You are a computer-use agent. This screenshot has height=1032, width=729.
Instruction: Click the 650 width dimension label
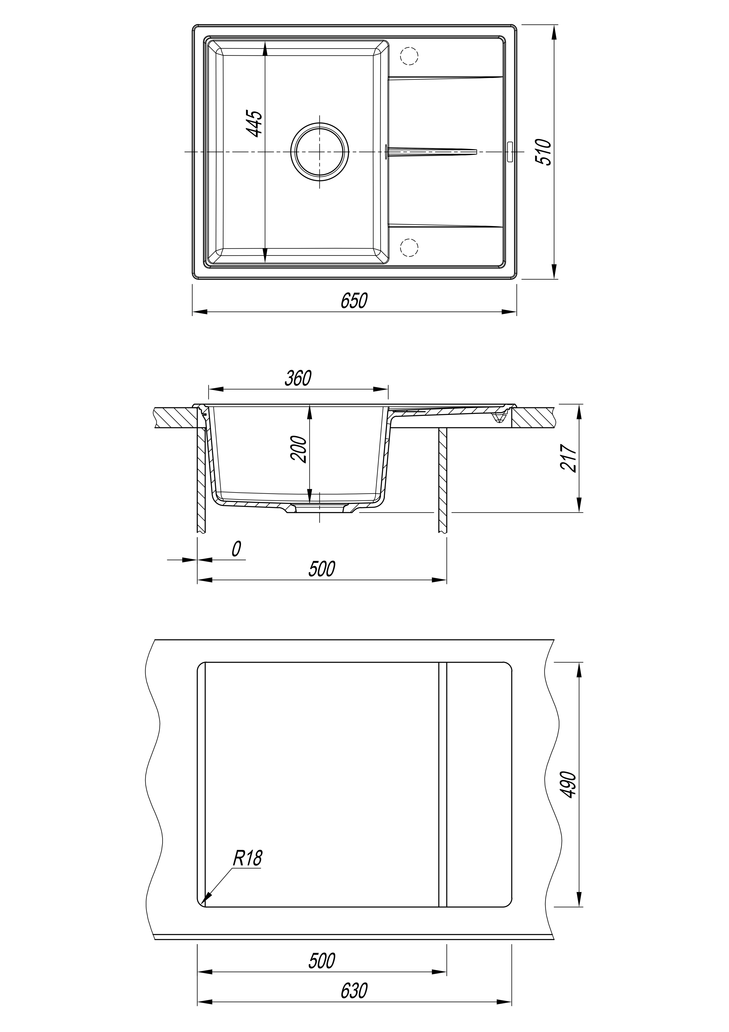point(354,301)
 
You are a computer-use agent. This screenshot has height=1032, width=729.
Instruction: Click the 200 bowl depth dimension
point(298,449)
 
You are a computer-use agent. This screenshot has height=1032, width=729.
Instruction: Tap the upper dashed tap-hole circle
point(409,56)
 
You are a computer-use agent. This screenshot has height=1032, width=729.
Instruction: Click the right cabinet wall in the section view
point(443,480)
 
